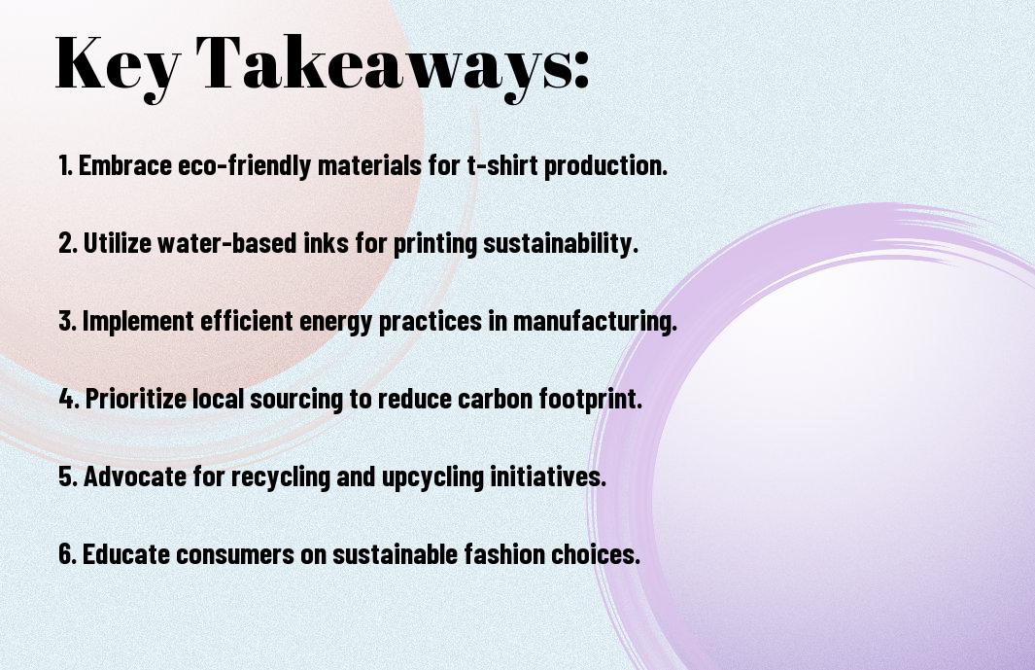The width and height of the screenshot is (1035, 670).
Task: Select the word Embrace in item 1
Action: (125, 165)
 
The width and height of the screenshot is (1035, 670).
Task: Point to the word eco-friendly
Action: (244, 166)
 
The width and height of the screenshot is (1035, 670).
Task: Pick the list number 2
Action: (68, 243)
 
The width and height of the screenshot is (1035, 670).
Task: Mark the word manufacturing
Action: (595, 322)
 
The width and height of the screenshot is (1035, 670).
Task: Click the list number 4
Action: (68, 399)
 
